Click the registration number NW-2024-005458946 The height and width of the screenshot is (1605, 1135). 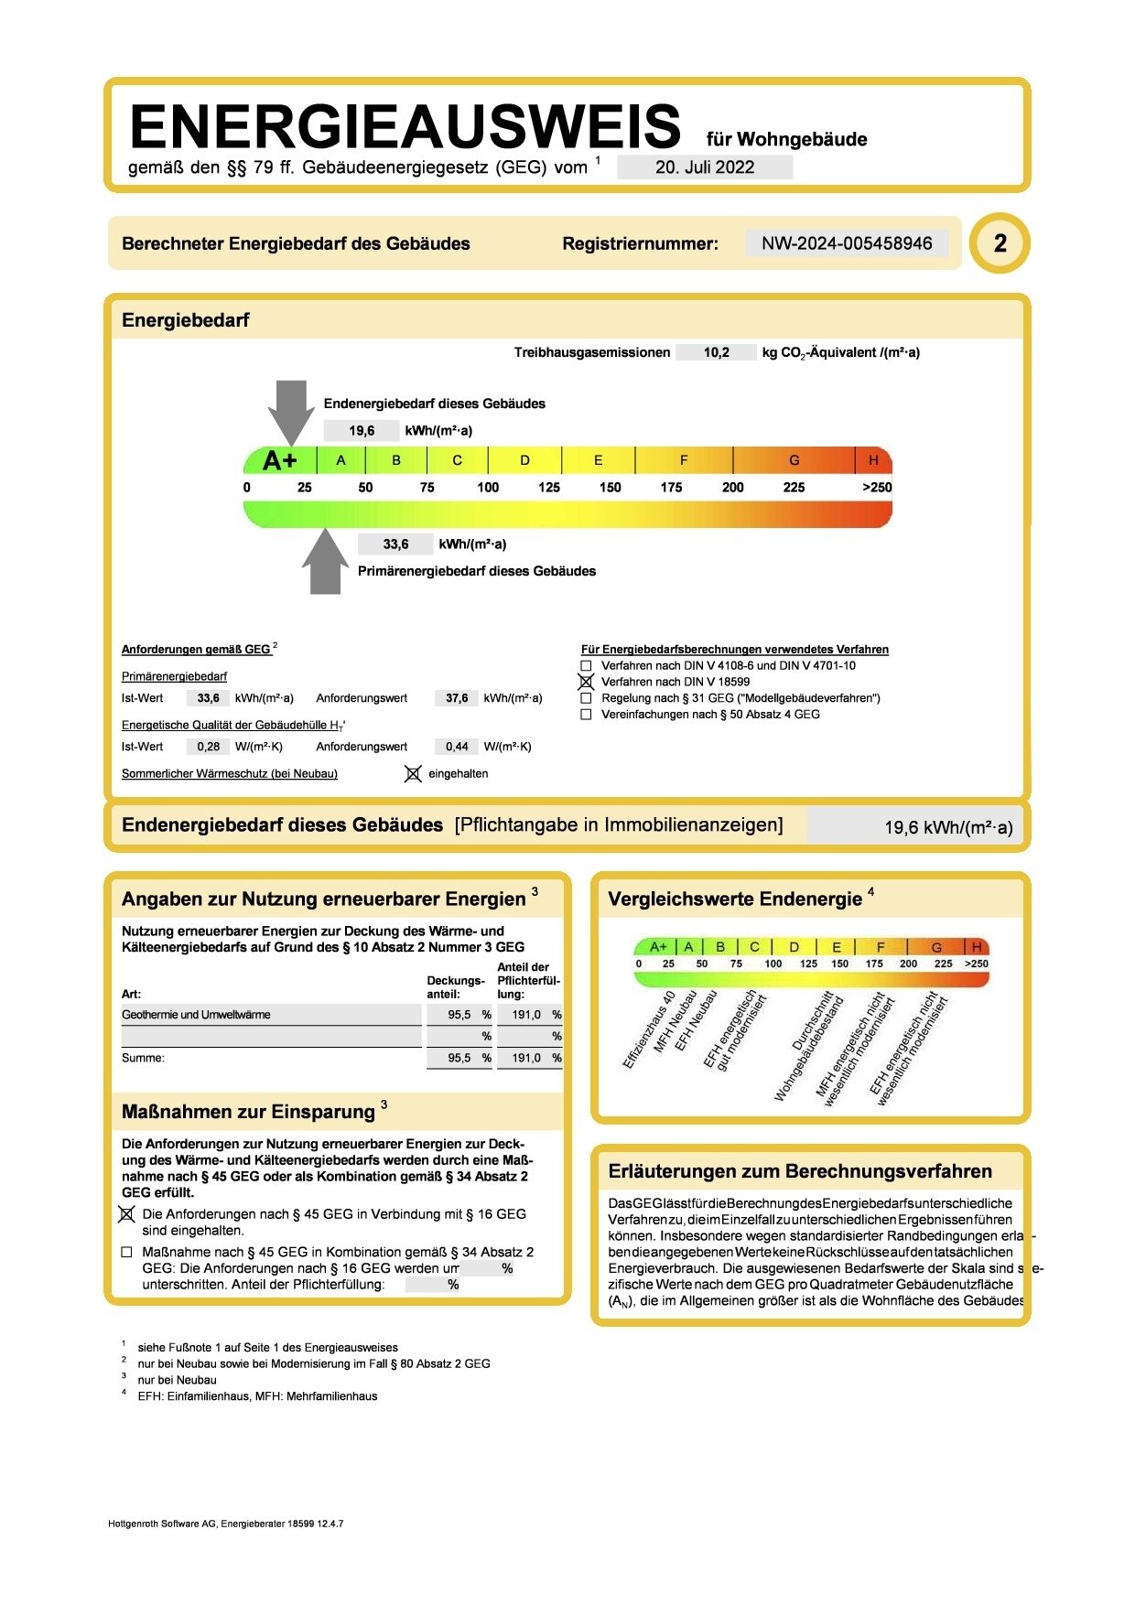coord(847,243)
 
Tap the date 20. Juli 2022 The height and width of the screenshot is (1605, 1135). coord(705,167)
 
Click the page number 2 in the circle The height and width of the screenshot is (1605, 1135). coord(1000,243)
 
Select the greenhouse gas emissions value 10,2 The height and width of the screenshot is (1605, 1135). coord(716,352)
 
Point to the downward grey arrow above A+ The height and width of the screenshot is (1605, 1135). coord(291,411)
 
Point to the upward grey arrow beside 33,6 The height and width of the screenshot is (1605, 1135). coord(325,561)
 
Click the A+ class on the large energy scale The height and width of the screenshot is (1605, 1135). coord(280,460)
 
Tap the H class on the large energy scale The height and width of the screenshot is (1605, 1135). coord(873,460)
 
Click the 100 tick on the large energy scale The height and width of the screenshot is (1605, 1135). coord(488,488)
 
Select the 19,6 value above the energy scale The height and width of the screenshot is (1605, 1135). coord(362,431)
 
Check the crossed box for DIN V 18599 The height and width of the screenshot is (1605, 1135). coord(587,682)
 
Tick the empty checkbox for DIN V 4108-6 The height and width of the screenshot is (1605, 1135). coord(587,665)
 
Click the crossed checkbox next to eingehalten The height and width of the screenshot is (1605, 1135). coord(413,774)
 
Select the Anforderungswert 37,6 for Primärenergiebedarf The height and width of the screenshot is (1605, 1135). coord(457,698)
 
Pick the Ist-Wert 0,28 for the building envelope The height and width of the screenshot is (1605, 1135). coord(209,747)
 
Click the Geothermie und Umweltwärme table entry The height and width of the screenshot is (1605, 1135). coord(197,1015)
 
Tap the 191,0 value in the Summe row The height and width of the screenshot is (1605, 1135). coord(526,1058)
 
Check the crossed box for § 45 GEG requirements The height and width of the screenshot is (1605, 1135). coord(127,1214)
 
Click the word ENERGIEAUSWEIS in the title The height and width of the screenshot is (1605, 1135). coord(405,126)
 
